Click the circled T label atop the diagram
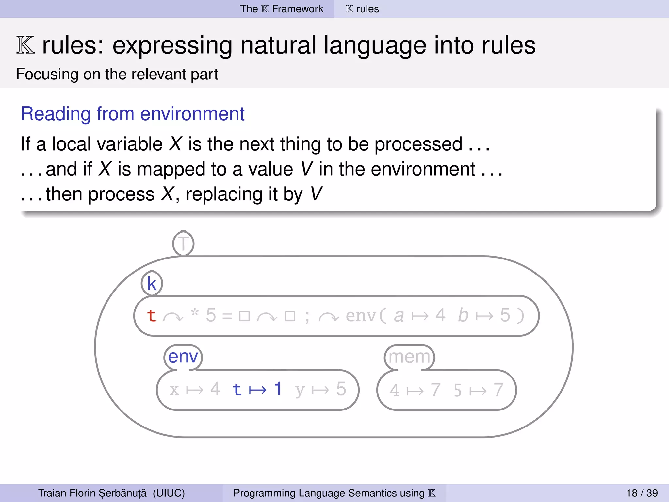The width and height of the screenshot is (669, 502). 183,243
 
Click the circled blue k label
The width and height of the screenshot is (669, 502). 152,283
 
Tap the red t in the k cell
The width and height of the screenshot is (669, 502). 151,316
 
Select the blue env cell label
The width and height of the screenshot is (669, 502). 183,357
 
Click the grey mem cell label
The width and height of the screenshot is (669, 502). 409,357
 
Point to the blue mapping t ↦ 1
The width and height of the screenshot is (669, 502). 257,389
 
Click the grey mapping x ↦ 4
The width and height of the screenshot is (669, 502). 195,389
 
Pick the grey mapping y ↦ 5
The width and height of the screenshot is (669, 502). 320,389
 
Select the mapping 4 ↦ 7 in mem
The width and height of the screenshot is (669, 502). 415,390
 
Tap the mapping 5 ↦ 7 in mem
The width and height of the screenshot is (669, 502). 478,390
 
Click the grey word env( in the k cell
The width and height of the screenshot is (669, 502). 366,316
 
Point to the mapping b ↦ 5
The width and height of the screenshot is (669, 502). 484,316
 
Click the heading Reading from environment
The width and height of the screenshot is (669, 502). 132,114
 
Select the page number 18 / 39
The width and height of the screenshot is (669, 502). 642,493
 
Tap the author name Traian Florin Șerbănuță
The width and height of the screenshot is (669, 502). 92,493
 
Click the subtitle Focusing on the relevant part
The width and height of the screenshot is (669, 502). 117,74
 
